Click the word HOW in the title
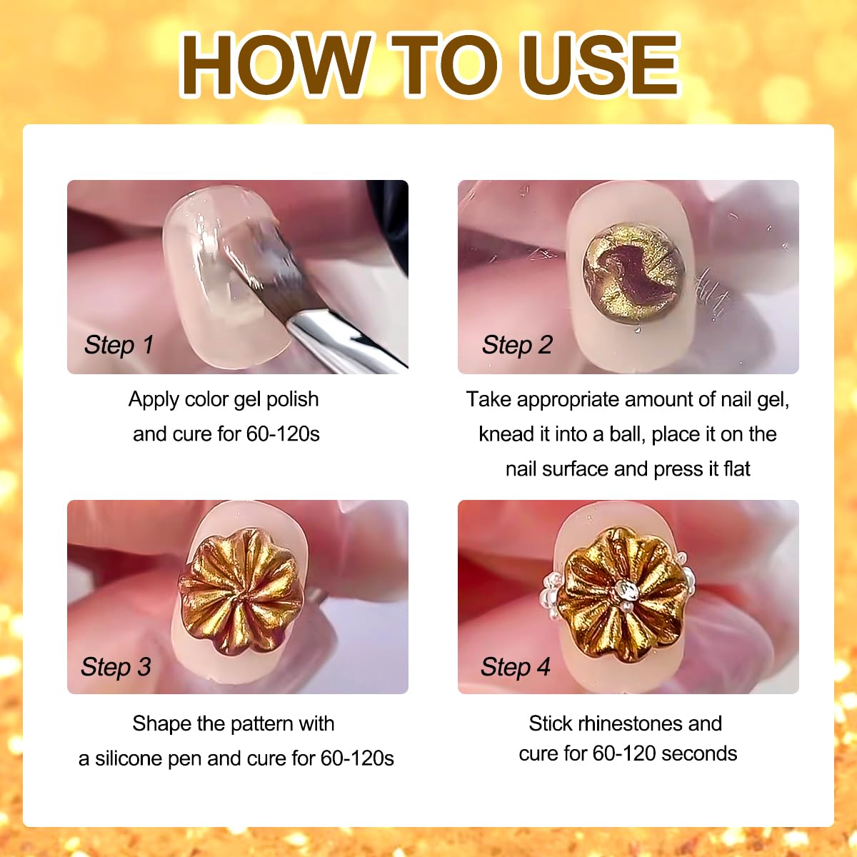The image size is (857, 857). click(275, 65)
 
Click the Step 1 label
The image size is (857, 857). click(119, 345)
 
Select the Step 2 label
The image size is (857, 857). click(517, 345)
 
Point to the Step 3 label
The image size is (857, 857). click(116, 666)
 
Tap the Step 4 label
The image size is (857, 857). click(516, 666)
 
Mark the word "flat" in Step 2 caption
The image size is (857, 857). click(737, 468)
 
